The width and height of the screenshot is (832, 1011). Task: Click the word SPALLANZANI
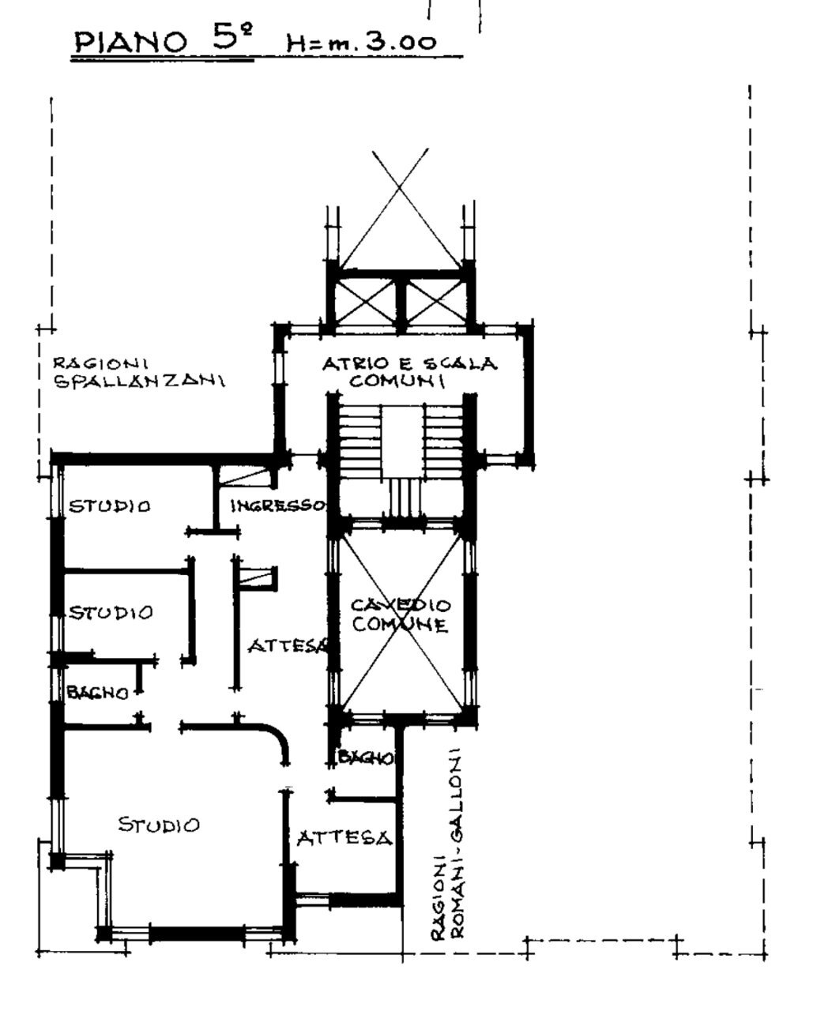point(139,381)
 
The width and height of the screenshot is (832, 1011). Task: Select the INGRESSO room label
point(278,505)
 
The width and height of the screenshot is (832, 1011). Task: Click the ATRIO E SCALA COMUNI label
point(409,372)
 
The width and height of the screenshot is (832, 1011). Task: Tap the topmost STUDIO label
point(110,506)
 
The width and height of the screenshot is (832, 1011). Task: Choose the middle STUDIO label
point(111,613)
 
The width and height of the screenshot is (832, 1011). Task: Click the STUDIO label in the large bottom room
point(159,825)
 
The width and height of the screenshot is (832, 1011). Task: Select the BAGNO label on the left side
point(98,693)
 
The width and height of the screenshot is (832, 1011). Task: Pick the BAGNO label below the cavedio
point(366,757)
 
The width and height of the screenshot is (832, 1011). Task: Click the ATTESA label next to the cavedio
point(288,646)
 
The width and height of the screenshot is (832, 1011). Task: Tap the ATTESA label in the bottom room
point(344,839)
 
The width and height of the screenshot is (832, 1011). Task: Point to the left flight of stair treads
point(360,442)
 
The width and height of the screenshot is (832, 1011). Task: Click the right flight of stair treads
point(443,442)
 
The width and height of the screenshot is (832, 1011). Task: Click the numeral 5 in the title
point(224,36)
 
